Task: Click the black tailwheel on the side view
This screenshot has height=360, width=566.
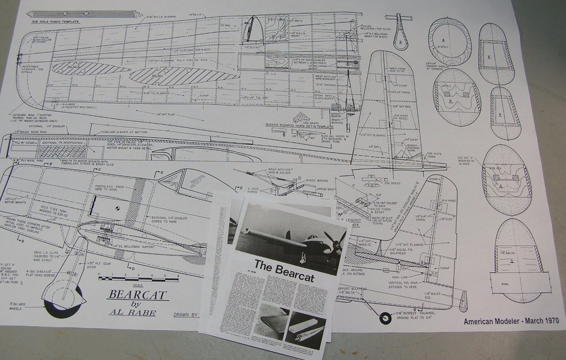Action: click(386, 318)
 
